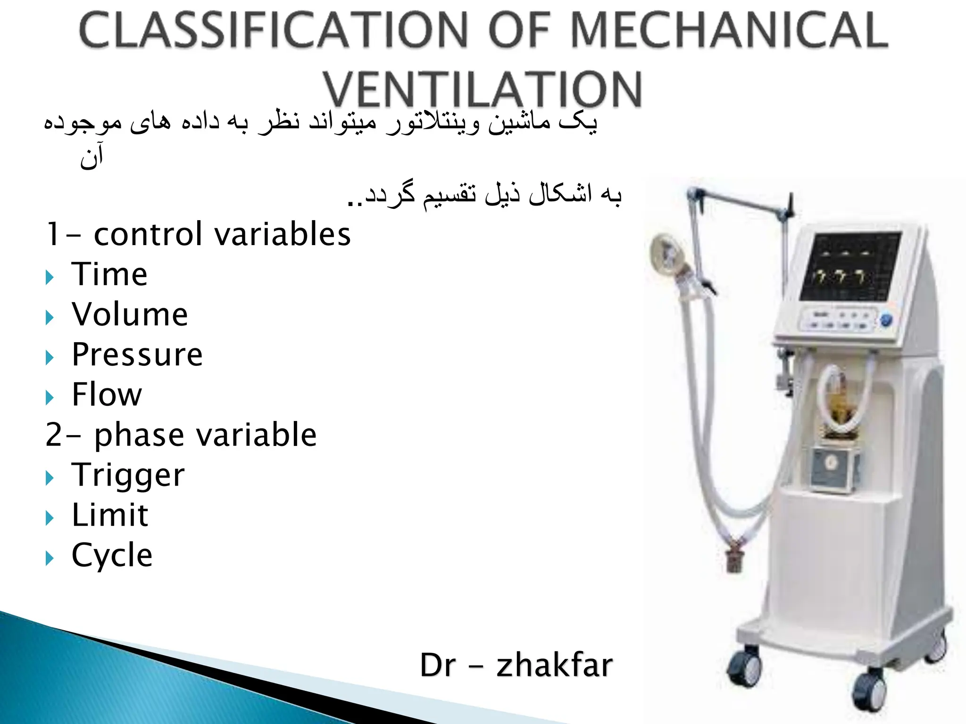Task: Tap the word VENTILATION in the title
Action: pyautogui.click(x=482, y=90)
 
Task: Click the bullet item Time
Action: pyautogui.click(x=109, y=274)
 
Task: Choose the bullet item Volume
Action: pyautogui.click(x=130, y=314)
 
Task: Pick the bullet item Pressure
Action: pyautogui.click(x=137, y=354)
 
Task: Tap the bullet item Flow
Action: pyautogui.click(x=107, y=395)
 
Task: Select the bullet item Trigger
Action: pyautogui.click(x=128, y=475)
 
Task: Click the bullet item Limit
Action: pyautogui.click(x=110, y=515)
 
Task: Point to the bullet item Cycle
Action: pyautogui.click(x=112, y=555)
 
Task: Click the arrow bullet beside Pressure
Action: pyautogui.click(x=50, y=357)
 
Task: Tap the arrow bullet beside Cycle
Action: pyautogui.click(x=50, y=559)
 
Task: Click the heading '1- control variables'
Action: pyautogui.click(x=198, y=234)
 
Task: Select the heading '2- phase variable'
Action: pyautogui.click(x=181, y=435)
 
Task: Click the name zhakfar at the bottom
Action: pyautogui.click(x=554, y=665)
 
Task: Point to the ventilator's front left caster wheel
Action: pyautogui.click(x=745, y=667)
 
